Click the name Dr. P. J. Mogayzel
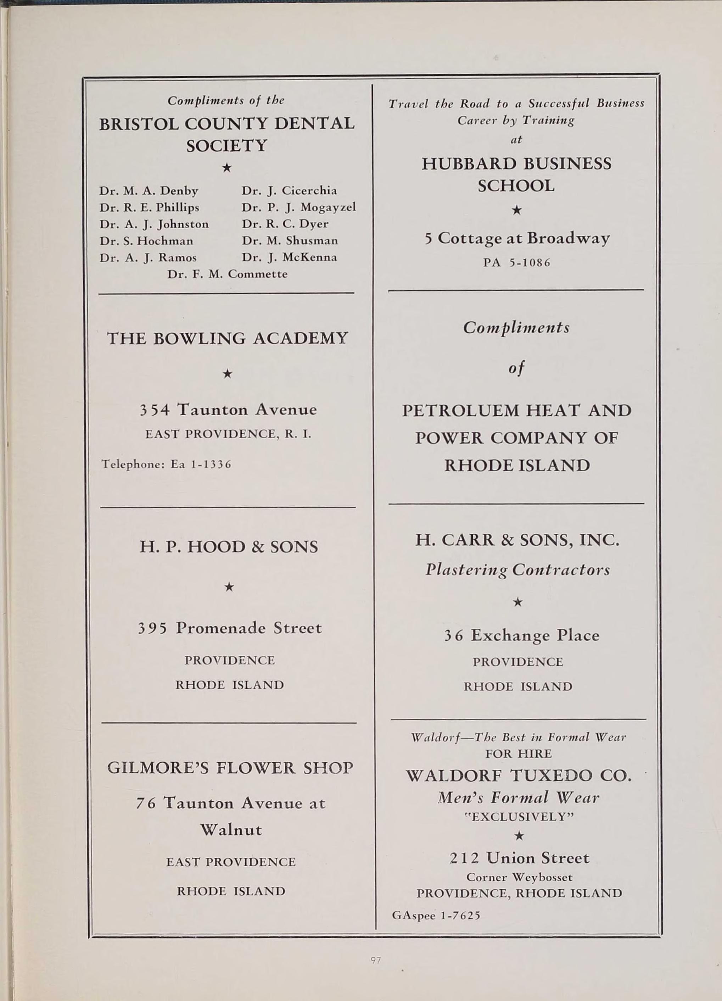298,207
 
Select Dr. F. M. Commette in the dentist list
227,274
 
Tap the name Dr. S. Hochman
146,240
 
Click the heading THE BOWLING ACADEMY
228,339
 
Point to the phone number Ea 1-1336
201,464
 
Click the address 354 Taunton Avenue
228,410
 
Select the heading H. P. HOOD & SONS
229,547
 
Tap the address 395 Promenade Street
229,628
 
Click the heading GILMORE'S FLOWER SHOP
230,768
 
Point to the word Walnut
231,830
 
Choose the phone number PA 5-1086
517,263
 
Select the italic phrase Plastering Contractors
517,570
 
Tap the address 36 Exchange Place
521,635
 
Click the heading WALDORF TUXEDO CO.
518,775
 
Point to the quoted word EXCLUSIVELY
519,817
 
